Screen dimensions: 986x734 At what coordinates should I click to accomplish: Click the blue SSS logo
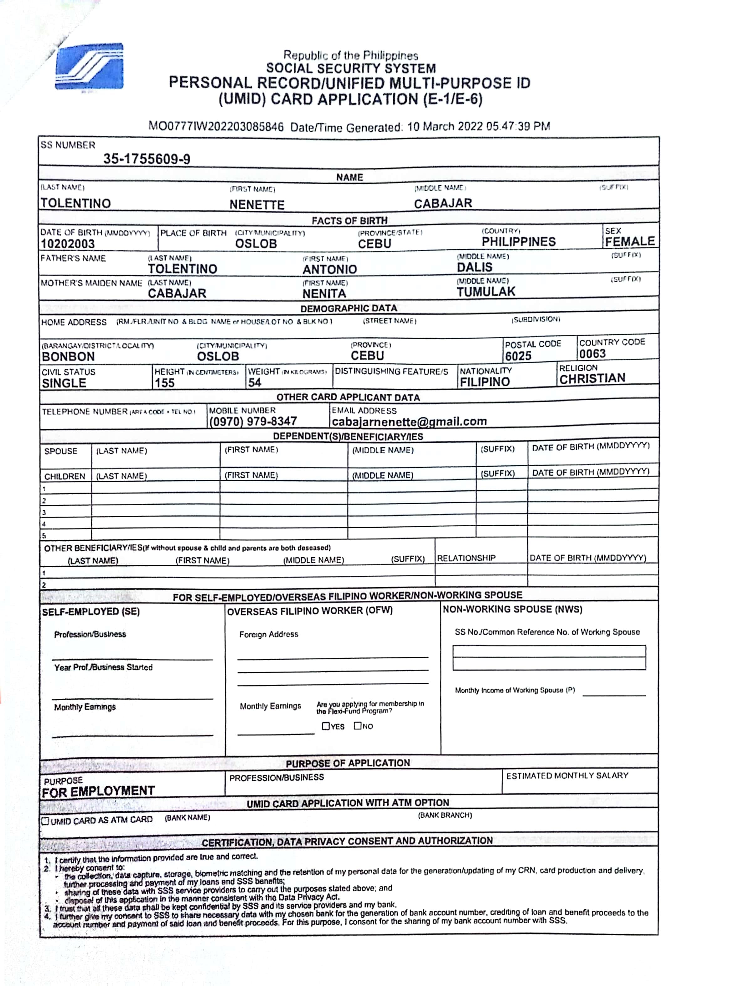coord(89,67)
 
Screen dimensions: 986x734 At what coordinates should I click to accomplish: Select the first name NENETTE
coord(257,205)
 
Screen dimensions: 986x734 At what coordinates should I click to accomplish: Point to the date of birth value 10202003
coord(68,244)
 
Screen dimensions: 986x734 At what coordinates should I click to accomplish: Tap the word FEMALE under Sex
coord(630,242)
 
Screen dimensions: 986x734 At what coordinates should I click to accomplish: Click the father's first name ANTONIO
coord(330,269)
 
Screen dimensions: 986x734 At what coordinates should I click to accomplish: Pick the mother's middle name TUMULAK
coord(486,292)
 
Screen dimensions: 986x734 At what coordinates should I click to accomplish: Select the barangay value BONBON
coord(68,356)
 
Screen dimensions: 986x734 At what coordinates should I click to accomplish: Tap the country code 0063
coord(592,354)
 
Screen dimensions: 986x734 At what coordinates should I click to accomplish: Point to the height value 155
coord(164,383)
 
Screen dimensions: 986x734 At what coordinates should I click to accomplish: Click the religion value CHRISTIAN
coord(592,378)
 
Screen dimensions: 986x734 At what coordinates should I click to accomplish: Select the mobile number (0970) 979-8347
coord(253,421)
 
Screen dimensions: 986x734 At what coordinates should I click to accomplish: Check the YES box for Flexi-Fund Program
coord(326,726)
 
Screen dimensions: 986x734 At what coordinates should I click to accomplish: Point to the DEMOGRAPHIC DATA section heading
coord(349,308)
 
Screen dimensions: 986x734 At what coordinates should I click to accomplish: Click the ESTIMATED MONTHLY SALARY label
coord(567,776)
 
